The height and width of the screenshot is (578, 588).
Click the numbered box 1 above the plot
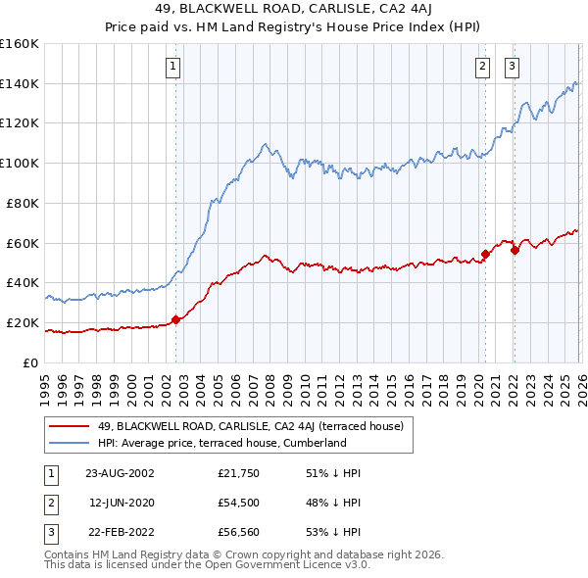[172, 67]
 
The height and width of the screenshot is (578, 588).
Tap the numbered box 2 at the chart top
[483, 67]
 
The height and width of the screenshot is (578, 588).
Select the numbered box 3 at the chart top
[512, 67]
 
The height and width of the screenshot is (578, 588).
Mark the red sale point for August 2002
[176, 318]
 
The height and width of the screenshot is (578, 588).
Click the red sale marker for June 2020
[484, 254]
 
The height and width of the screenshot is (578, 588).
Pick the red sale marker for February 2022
[514, 250]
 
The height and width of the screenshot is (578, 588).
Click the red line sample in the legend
[69, 426]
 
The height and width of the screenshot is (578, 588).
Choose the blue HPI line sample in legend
[69, 443]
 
